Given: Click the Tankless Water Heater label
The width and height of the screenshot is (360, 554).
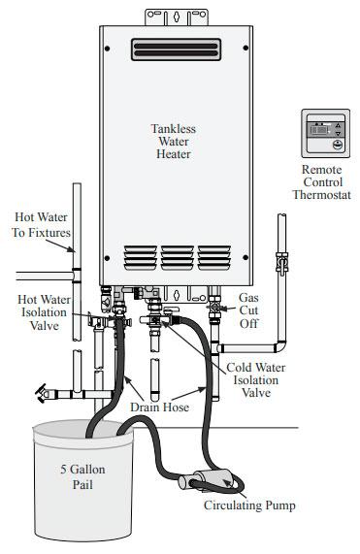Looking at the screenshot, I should tap(172, 141).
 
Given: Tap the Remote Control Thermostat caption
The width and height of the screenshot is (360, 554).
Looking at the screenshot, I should tap(321, 181).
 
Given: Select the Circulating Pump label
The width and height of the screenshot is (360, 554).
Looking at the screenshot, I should tap(248, 505).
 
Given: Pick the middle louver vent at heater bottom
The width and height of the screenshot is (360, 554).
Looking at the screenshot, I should tap(177, 256).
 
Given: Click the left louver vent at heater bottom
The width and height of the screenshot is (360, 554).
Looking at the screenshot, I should tap(140, 256).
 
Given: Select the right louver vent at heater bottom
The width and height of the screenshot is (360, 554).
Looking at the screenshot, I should tap(213, 256).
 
